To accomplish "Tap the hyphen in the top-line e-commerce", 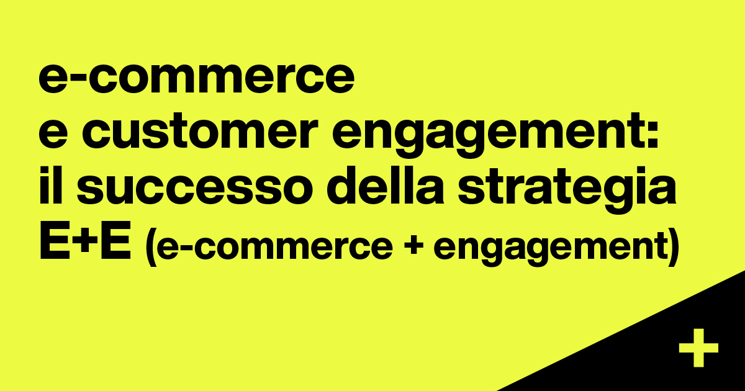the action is point(78,79).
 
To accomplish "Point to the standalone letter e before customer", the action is point(53,132).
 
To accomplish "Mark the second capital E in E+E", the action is point(115,240).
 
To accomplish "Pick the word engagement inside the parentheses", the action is point(549,247).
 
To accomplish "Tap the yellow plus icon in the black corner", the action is point(698,348).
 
